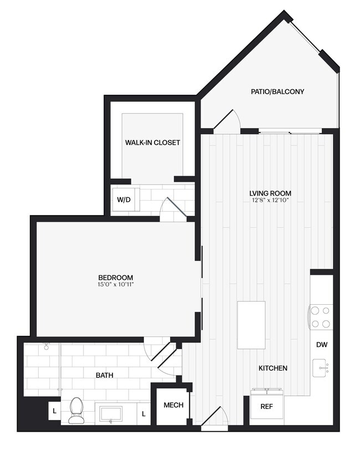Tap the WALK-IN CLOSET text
tap(152, 142)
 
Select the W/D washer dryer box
tap(124, 199)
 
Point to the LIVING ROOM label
tap(270, 193)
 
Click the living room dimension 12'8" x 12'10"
tap(270, 200)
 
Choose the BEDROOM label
tap(115, 278)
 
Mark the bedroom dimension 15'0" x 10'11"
tap(115, 284)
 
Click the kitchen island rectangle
tap(251, 325)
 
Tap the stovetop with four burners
tap(321, 317)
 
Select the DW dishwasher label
tap(322, 345)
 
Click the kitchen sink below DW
tap(321, 368)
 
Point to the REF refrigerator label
tap(266, 406)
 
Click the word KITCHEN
tap(272, 368)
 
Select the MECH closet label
tap(173, 405)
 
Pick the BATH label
tap(104, 375)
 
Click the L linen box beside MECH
tap(143, 413)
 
